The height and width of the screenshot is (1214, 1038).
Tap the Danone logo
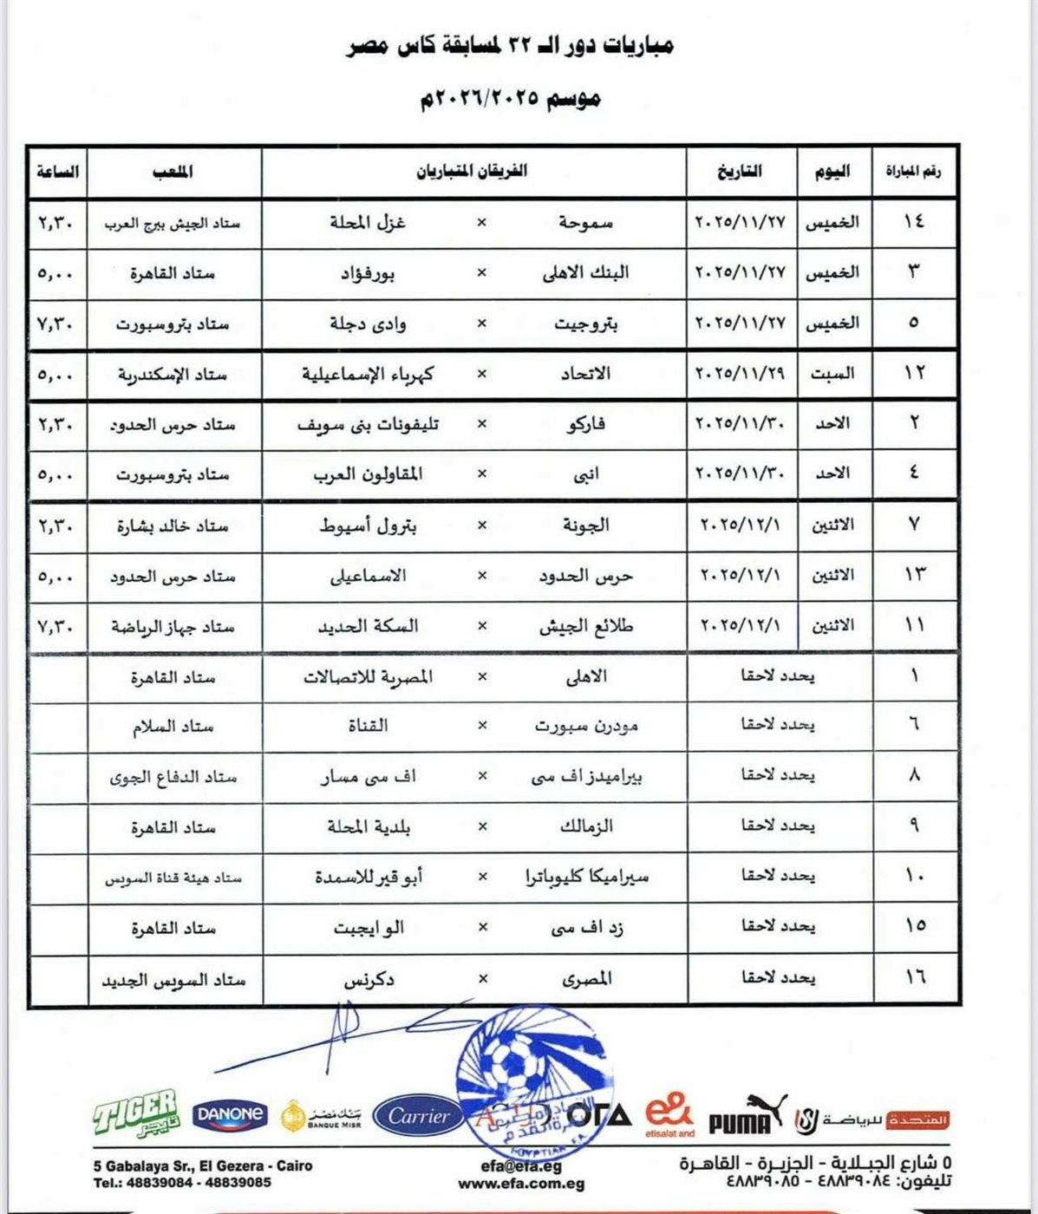(230, 1114)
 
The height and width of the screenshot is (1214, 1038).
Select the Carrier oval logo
(419, 1116)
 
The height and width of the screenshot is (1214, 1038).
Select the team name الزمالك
(586, 826)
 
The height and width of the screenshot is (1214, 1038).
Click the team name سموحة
(585, 223)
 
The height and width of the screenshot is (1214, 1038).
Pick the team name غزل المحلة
(368, 223)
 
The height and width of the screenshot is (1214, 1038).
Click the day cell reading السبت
(832, 374)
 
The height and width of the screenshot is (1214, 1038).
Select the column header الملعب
(173, 172)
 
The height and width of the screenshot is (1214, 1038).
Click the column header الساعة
(57, 172)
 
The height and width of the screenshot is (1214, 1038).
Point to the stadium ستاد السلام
(173, 726)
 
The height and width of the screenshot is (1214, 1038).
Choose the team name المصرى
(587, 978)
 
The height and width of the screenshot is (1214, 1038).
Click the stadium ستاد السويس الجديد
(173, 980)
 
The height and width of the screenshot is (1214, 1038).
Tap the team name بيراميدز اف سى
(587, 777)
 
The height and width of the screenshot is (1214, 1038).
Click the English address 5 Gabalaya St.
(203, 1166)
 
